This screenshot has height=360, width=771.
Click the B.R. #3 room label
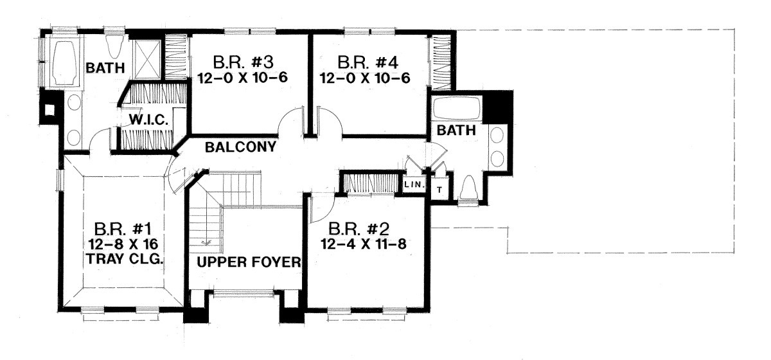click(243, 62)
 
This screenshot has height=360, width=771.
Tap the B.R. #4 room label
click(368, 63)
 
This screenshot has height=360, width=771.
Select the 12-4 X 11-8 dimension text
click(364, 244)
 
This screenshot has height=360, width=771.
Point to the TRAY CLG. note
click(124, 258)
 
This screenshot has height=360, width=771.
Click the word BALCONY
click(240, 147)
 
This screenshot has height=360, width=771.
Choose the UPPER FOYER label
click(249, 262)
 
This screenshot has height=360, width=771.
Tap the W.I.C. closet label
click(148, 120)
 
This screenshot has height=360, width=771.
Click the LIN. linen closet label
click(414, 184)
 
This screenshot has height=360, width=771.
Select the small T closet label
click(439, 190)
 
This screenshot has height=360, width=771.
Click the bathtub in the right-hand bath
click(457, 109)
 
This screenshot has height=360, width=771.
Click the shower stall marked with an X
click(147, 59)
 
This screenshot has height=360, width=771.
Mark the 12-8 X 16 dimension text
click(123, 244)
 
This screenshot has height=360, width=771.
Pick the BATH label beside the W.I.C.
click(105, 68)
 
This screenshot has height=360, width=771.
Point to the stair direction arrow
click(206, 243)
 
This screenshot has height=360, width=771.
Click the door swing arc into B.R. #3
click(288, 119)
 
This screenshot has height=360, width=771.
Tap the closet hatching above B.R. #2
click(369, 183)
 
